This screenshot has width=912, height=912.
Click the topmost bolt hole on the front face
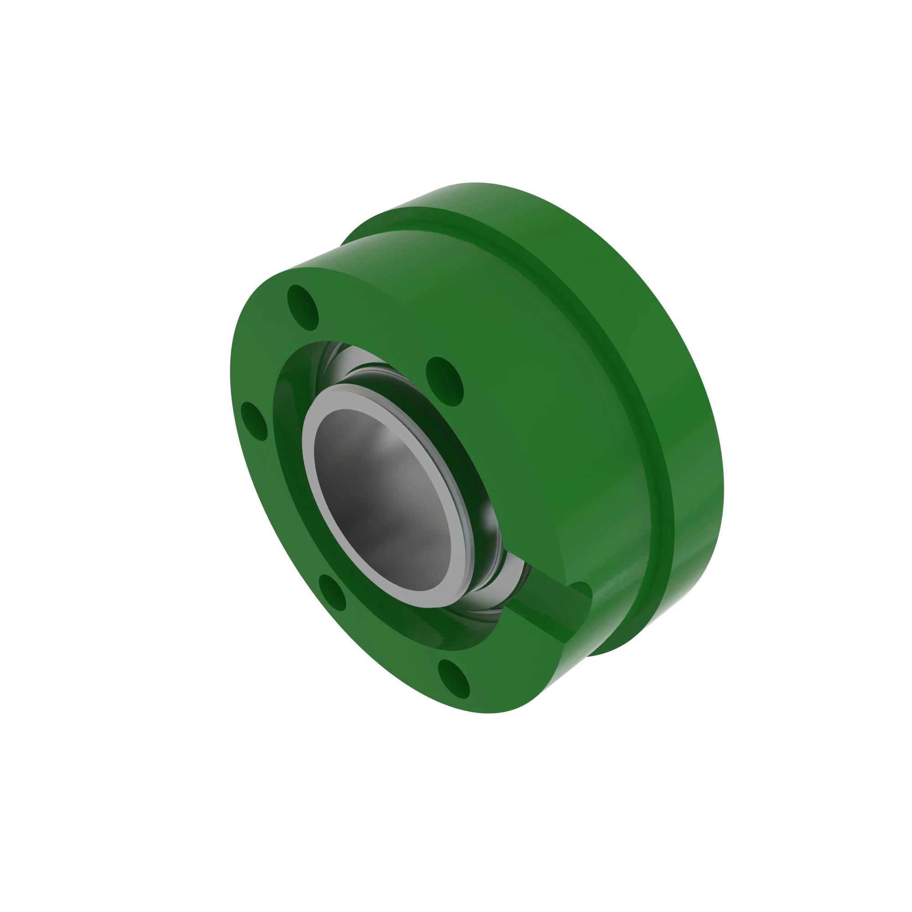[303, 308]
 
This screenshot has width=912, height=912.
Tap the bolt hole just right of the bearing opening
[444, 381]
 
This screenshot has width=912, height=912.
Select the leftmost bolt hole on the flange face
[254, 421]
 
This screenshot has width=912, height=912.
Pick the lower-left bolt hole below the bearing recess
[332, 593]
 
